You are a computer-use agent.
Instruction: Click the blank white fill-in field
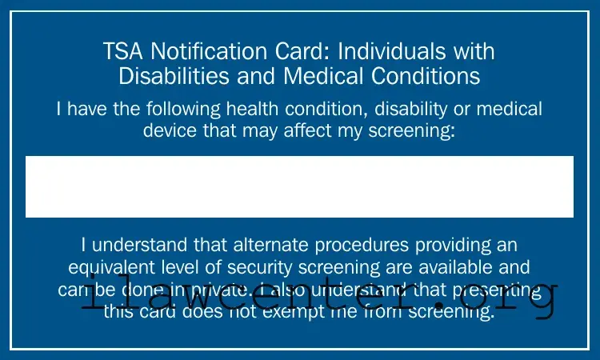(299, 186)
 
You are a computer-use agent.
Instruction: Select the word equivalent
(107, 266)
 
